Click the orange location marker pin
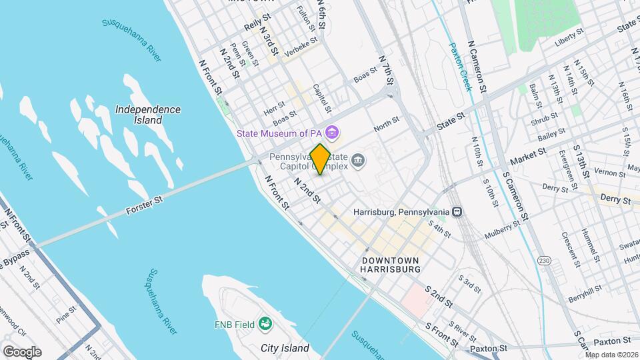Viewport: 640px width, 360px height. click(x=321, y=159)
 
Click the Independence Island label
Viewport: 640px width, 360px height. click(x=147, y=115)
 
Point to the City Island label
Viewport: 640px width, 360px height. click(x=285, y=348)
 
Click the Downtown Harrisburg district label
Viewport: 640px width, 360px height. click(x=390, y=265)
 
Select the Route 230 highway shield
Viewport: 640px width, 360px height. click(x=545, y=261)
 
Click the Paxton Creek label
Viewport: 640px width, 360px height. click(x=460, y=67)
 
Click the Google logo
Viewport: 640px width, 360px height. click(x=22, y=351)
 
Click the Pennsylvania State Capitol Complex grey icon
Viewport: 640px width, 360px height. click(x=359, y=159)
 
